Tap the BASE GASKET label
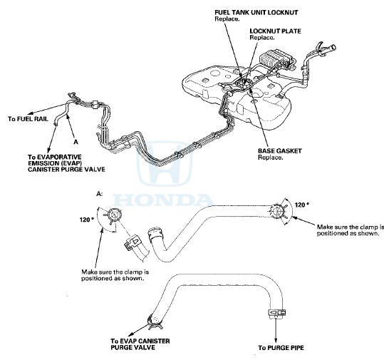(279, 151)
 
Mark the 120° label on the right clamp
(301, 205)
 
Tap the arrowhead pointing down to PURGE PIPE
(276, 339)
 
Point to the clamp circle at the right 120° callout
(277, 210)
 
